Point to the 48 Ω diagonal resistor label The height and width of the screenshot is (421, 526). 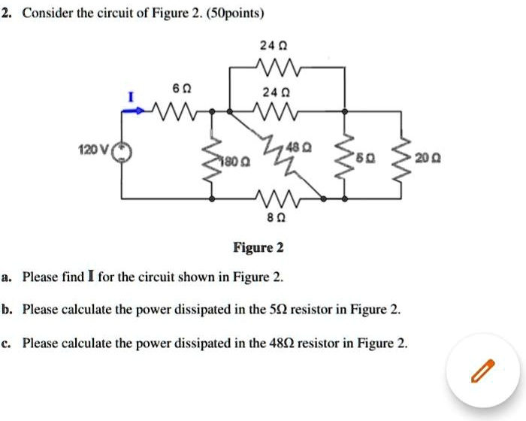click(304, 146)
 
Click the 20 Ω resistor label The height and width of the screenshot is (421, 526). click(442, 160)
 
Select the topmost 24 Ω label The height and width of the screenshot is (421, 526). click(268, 45)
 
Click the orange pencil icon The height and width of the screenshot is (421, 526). click(482, 370)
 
